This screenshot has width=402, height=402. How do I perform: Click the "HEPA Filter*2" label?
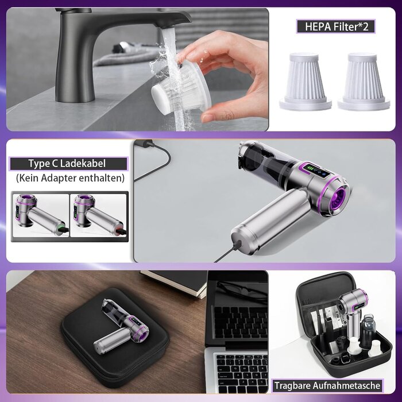point(336,26)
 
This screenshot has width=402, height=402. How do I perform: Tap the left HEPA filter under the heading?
point(305,82)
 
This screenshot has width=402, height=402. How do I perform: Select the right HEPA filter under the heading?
point(364,82)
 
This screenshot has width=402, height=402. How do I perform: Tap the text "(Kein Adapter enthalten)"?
point(70,178)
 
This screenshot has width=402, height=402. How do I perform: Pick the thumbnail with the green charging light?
point(41,215)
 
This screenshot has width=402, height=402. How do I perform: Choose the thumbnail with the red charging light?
point(99,215)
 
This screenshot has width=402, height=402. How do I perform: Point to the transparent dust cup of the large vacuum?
point(269,159)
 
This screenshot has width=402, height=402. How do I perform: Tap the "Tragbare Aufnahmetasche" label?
point(327,385)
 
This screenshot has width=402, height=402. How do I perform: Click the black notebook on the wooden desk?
point(175,282)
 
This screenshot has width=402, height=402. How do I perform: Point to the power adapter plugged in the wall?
point(144,143)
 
